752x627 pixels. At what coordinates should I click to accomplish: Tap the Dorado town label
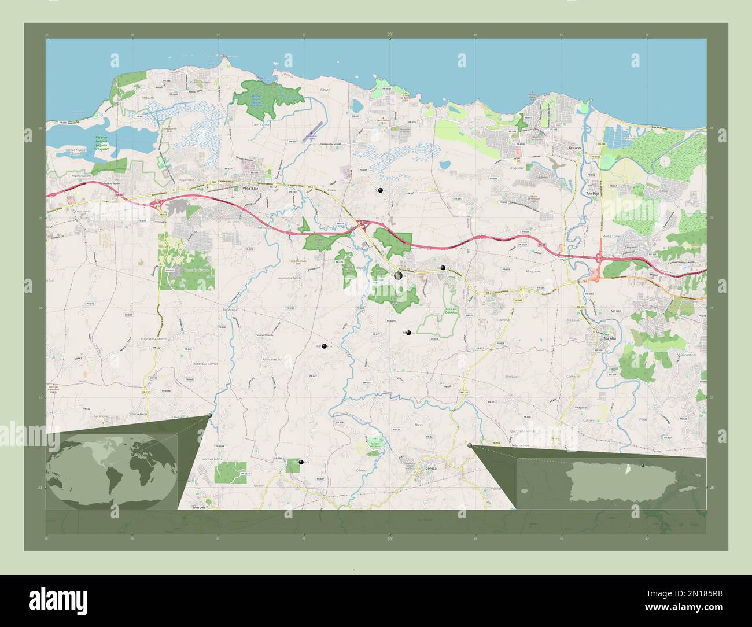pyautogui.click(x=574, y=148)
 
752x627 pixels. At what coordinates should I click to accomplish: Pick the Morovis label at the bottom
pyautogui.click(x=199, y=507)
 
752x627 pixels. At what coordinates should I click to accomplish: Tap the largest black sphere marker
pyautogui.click(x=399, y=276)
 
